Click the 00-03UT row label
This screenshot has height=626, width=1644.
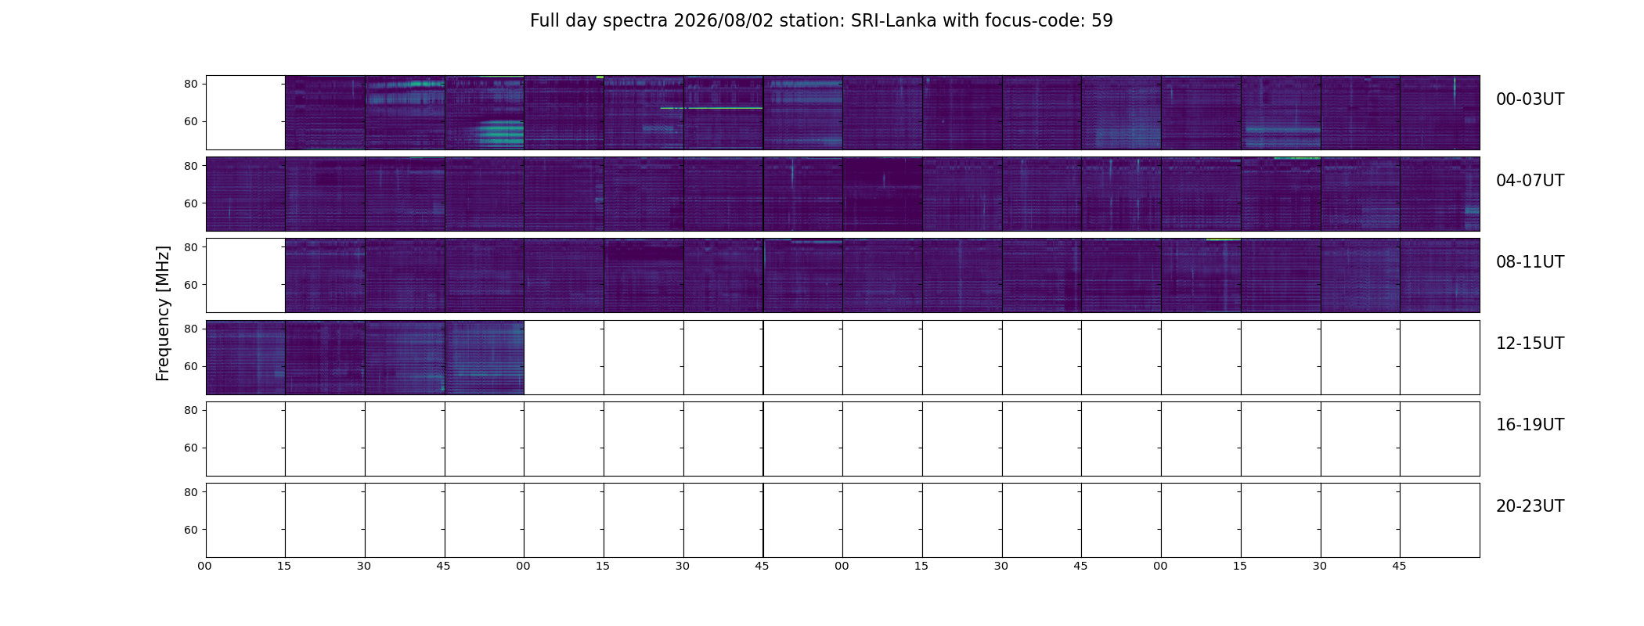tap(1530, 99)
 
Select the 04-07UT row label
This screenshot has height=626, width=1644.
tap(1530, 181)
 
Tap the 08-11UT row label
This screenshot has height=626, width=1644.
tap(1530, 262)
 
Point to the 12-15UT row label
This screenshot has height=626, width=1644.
tap(1530, 344)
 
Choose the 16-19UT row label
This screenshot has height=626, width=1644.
tap(1530, 425)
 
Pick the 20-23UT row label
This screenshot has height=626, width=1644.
tap(1530, 506)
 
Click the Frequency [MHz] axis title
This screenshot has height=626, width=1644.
tap(163, 314)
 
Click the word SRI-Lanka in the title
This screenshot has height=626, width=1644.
tap(893, 21)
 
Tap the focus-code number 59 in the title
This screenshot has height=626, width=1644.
tap(1101, 21)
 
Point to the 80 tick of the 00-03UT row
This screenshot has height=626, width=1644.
tap(190, 84)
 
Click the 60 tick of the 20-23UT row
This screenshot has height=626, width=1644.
tap(190, 530)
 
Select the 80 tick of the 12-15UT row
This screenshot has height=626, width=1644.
tap(190, 329)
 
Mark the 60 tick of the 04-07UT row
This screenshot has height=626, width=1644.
tap(190, 203)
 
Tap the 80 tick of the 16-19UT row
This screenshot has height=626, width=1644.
tap(190, 410)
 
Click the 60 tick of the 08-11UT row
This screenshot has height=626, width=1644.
tap(190, 285)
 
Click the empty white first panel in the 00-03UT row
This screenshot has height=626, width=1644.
tap(246, 113)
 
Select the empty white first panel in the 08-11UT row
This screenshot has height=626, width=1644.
tap(246, 275)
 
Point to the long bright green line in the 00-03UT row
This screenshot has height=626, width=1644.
tap(712, 108)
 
